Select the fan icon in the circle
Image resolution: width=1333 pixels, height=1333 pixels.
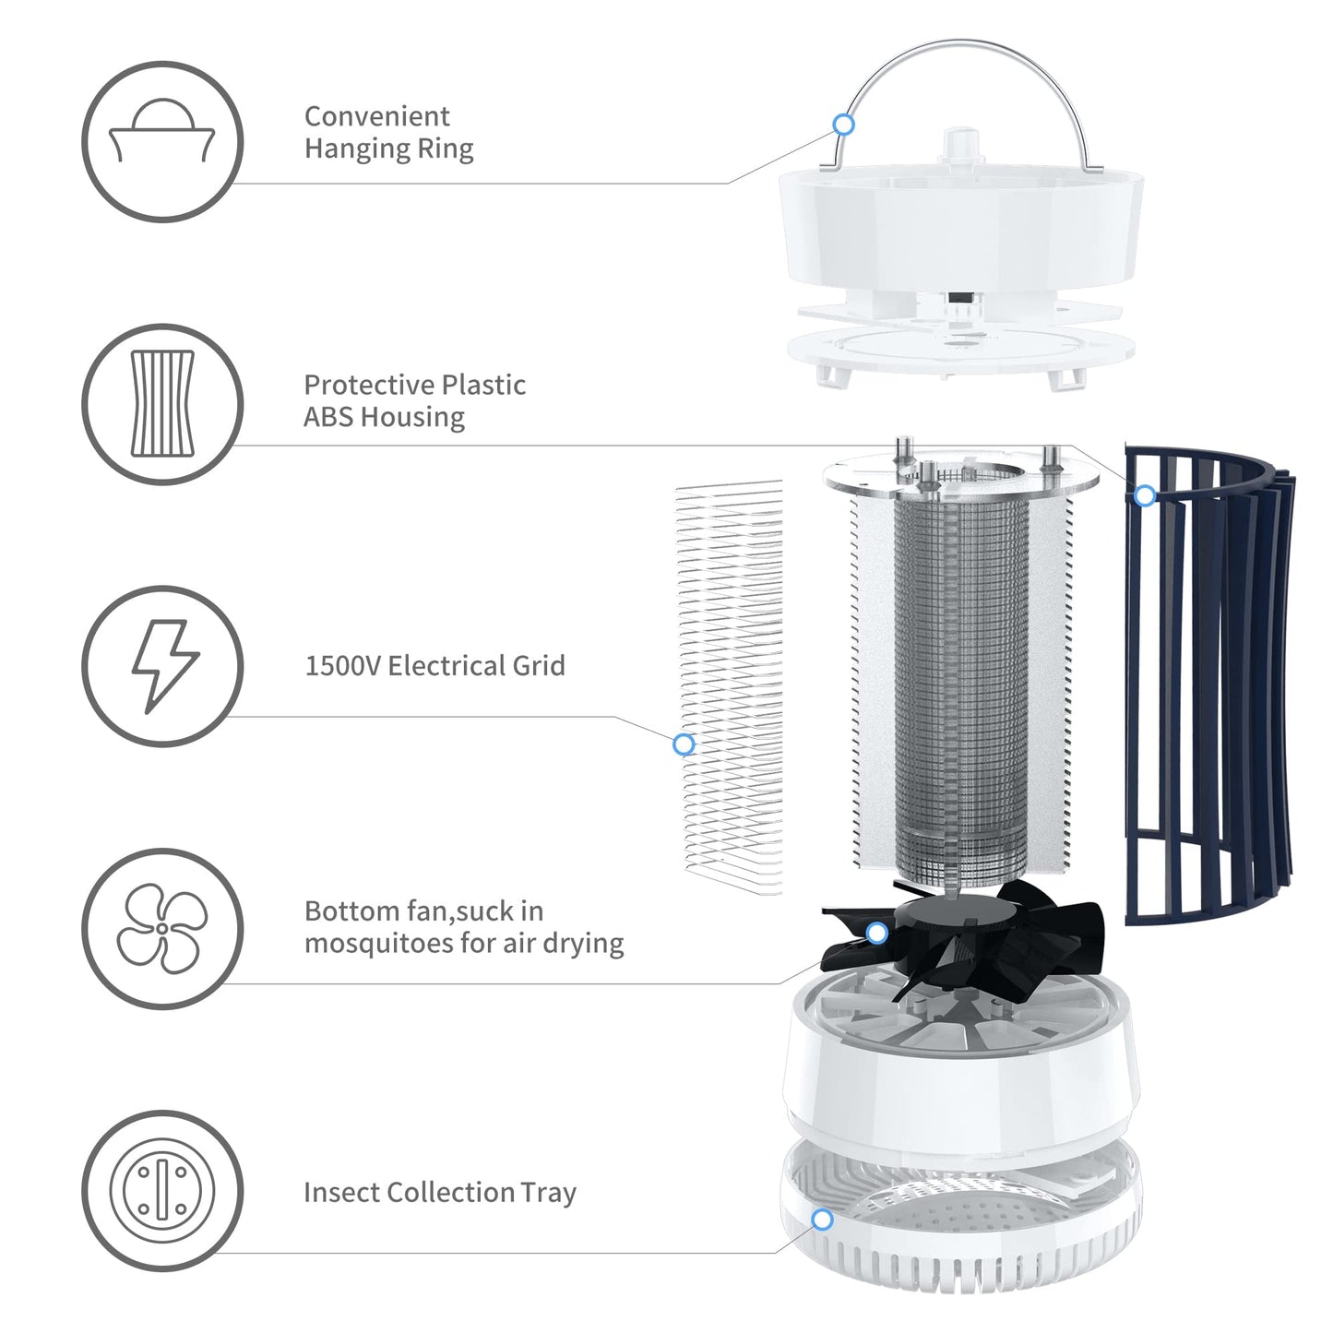click(162, 928)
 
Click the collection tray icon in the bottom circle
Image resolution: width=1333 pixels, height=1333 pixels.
click(162, 1190)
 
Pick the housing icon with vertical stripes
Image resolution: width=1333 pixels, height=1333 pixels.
click(162, 404)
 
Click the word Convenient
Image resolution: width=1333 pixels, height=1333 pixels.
click(376, 116)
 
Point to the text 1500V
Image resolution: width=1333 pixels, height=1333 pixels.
click(342, 666)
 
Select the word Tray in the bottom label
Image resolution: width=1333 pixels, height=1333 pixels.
click(548, 1193)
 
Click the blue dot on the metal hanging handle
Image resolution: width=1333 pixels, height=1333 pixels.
click(843, 124)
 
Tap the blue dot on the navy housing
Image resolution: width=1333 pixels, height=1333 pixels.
click(1145, 495)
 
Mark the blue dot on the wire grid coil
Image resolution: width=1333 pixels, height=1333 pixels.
click(684, 744)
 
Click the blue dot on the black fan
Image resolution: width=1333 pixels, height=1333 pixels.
click(877, 933)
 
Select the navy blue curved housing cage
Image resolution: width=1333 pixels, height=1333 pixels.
click(1208, 683)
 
